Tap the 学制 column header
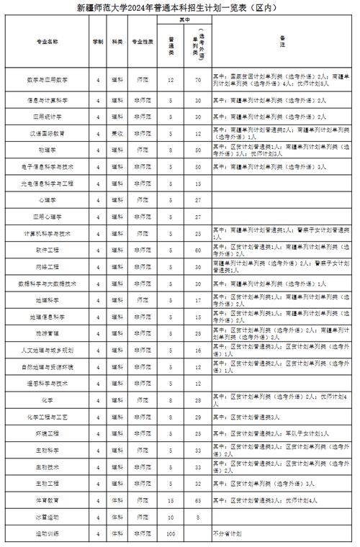[x=98, y=42]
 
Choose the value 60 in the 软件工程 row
[x=197, y=250]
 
